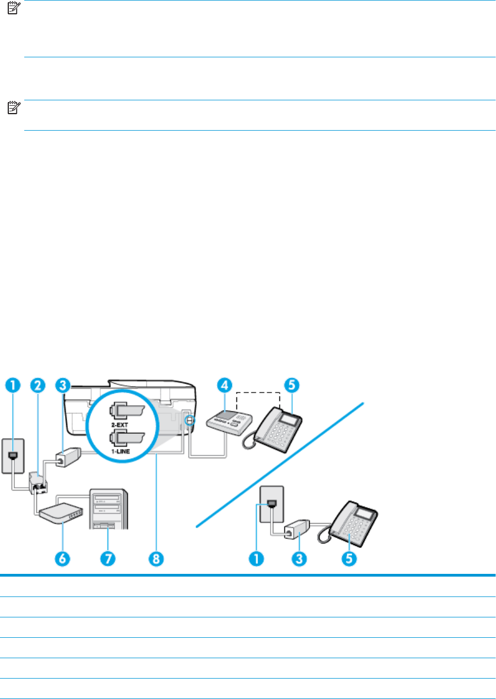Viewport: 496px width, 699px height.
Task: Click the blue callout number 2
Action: point(37,385)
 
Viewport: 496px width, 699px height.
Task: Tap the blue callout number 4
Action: point(225,385)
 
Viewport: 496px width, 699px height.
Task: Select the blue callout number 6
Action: point(62,558)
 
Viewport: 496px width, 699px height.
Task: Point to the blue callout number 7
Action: point(108,558)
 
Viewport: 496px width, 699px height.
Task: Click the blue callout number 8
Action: point(156,558)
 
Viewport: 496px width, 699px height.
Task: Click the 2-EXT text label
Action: point(120,424)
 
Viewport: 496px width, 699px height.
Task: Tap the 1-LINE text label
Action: point(121,451)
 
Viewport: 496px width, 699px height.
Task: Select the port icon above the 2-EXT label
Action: point(127,411)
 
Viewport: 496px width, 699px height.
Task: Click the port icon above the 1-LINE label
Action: point(127,437)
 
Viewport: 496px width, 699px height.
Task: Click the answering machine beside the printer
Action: point(229,422)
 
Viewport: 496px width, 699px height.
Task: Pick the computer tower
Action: point(109,509)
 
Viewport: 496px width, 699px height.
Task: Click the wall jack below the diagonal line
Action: point(272,504)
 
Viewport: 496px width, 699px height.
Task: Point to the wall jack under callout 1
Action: point(13,456)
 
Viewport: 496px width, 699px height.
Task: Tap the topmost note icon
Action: point(14,8)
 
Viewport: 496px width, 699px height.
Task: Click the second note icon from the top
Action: point(14,107)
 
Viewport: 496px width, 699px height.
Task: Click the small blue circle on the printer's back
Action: point(190,421)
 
